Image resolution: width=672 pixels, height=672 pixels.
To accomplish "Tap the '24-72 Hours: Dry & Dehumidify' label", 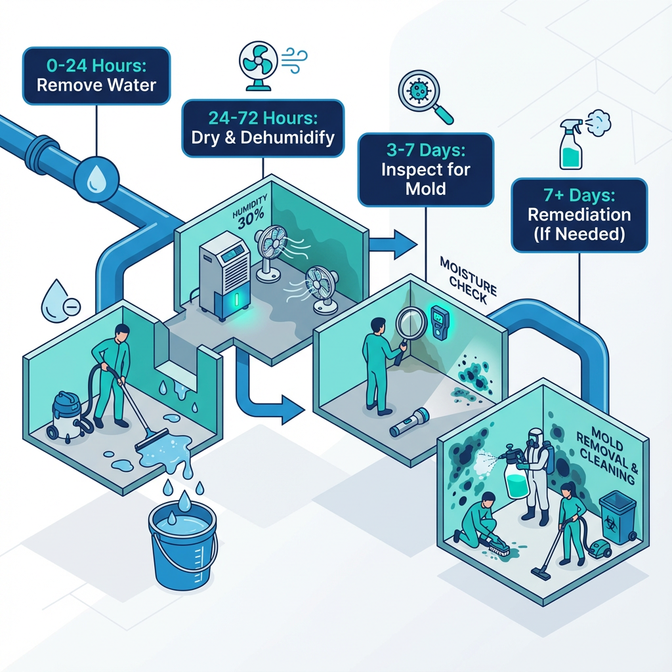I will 262,128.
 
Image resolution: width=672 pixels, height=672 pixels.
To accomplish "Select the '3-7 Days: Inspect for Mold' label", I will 425,170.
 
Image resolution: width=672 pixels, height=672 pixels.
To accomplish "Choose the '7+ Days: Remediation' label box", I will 579,215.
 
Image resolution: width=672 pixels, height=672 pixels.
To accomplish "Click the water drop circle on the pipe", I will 96,178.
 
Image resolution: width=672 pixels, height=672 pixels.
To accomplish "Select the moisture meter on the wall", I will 438,322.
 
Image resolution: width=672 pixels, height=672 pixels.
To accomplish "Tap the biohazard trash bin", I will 617,516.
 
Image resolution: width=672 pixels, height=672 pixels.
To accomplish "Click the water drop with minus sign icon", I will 60,303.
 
